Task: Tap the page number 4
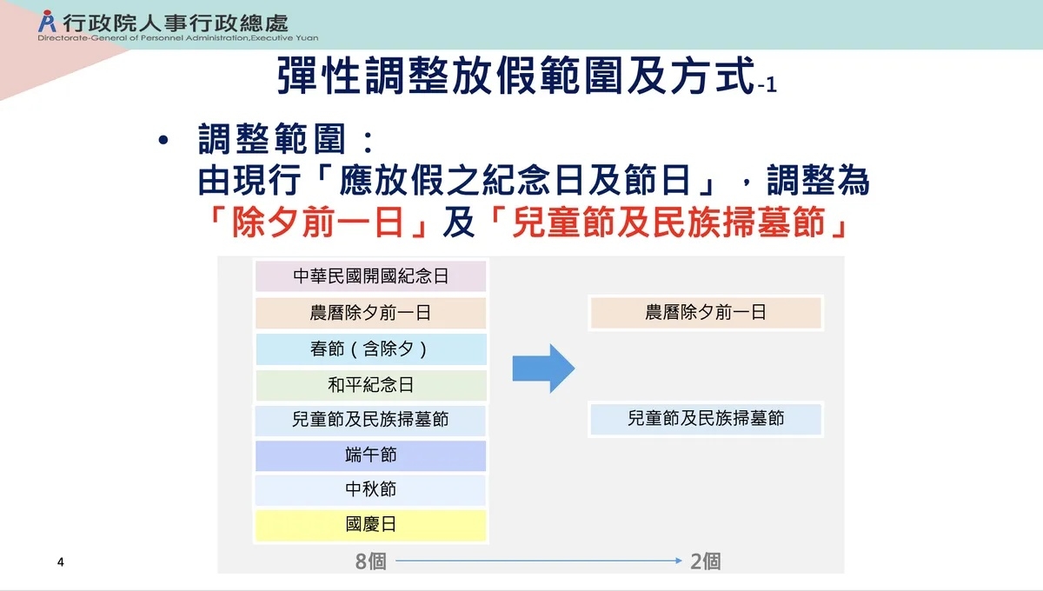60,561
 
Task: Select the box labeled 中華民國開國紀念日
370,276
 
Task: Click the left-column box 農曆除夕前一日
370,313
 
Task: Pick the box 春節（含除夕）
370,349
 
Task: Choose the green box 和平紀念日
370,385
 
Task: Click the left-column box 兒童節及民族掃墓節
370,420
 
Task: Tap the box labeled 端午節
370,455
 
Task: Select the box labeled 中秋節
370,490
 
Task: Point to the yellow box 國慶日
370,526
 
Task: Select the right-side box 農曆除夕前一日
706,313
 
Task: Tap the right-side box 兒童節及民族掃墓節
706,419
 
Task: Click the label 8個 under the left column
370,561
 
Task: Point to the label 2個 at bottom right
706,561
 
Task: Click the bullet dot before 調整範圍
163,142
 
